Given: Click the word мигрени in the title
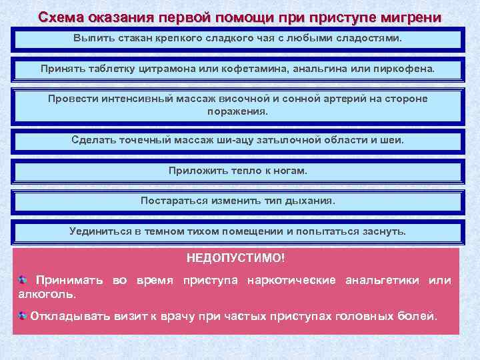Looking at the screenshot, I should click(x=412, y=17).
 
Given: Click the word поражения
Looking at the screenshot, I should click(x=237, y=111).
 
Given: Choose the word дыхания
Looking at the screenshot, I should click(x=311, y=200).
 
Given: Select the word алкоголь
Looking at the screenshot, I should click(x=48, y=293).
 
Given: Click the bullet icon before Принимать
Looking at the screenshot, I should click(x=23, y=280).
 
